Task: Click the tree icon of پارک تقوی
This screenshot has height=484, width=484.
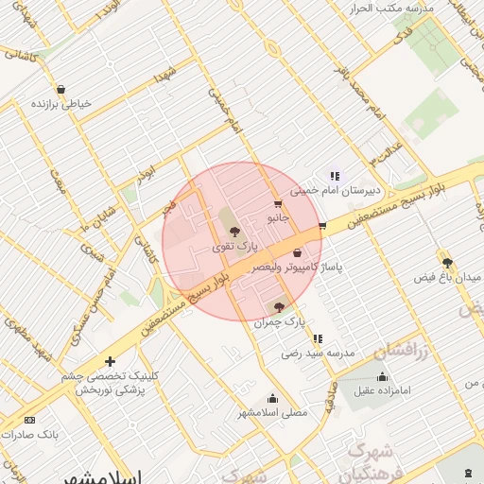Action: pos(233,231)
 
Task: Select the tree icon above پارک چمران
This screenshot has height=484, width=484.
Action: pos(278,307)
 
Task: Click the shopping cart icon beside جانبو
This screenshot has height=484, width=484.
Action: pos(277,202)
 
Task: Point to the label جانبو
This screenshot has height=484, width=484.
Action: pos(277,217)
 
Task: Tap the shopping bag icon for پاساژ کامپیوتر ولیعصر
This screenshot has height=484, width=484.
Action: pos(298,252)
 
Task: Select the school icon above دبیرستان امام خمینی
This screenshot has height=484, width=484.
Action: pos(335,175)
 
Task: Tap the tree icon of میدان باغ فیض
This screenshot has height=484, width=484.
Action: pos(446,263)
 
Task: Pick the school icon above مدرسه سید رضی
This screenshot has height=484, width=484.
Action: pos(318,337)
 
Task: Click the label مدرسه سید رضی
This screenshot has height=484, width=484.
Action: pos(317,354)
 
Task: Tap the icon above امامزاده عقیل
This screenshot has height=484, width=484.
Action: pos(382,374)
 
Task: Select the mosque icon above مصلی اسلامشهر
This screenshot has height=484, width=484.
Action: pos(272,398)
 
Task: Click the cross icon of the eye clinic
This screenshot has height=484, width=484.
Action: pos(111,361)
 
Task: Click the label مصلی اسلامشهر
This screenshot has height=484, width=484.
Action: pos(273,413)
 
